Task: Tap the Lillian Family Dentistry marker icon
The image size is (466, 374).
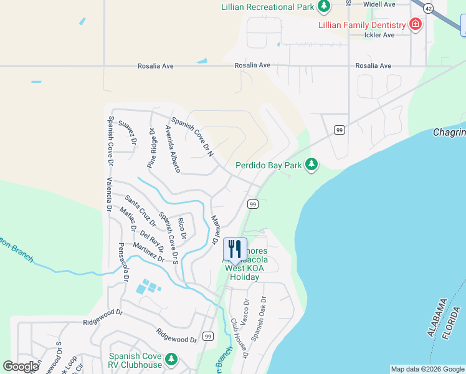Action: coord(415,25)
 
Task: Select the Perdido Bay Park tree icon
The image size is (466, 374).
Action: coord(311,165)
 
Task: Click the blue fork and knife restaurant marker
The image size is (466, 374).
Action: coord(235,249)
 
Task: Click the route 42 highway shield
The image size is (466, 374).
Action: coord(428,8)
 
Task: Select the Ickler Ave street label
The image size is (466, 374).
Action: coord(379,35)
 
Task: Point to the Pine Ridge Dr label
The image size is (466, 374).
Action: coord(151,148)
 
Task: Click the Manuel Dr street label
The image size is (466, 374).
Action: coord(216,229)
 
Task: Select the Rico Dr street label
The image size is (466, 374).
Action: coord(182,228)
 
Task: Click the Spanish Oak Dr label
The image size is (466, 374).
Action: coord(257,321)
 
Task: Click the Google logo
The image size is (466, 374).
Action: coord(21,367)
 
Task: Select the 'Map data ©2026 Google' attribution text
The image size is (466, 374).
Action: coord(427,369)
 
